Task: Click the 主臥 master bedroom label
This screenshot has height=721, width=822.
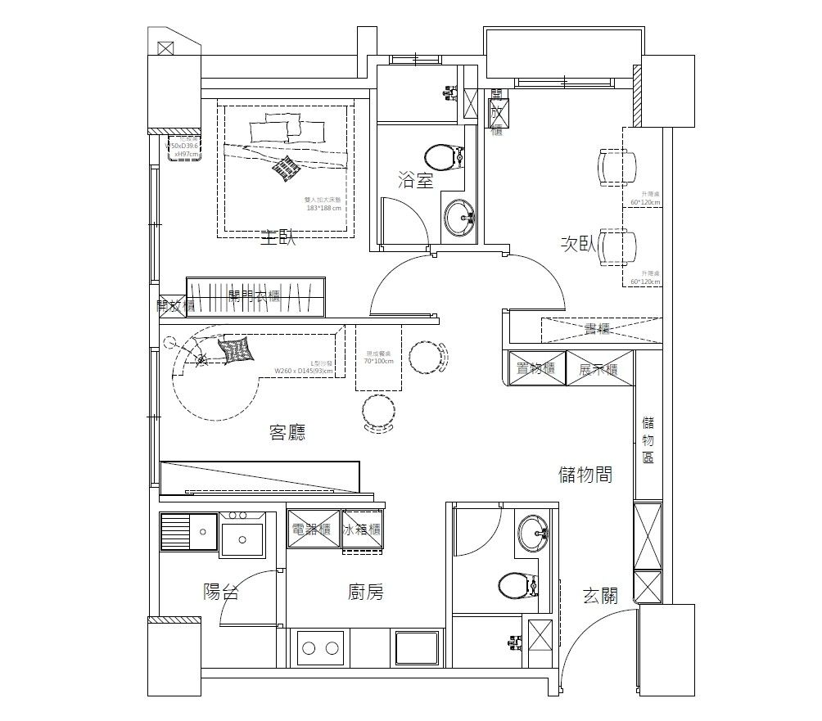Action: click(277, 239)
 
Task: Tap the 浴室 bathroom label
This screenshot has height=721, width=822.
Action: click(415, 181)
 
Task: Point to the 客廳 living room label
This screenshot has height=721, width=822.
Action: click(287, 433)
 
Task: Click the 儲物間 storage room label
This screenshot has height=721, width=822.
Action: click(585, 475)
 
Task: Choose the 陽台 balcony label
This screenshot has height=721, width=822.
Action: click(221, 593)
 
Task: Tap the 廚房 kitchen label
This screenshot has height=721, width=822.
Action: click(365, 593)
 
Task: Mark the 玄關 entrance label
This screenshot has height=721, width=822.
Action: click(600, 596)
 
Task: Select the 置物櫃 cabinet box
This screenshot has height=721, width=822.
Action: click(536, 369)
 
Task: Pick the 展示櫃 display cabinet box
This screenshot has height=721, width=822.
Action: click(598, 369)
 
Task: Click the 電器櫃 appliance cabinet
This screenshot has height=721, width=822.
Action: click(313, 529)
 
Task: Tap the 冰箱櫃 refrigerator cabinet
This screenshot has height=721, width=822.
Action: click(363, 529)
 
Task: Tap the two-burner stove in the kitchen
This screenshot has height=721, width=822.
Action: click(320, 648)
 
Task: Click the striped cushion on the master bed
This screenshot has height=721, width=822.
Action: click(285, 167)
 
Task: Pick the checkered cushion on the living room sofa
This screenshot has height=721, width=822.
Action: click(236, 350)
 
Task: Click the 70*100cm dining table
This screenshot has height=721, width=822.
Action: click(378, 358)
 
